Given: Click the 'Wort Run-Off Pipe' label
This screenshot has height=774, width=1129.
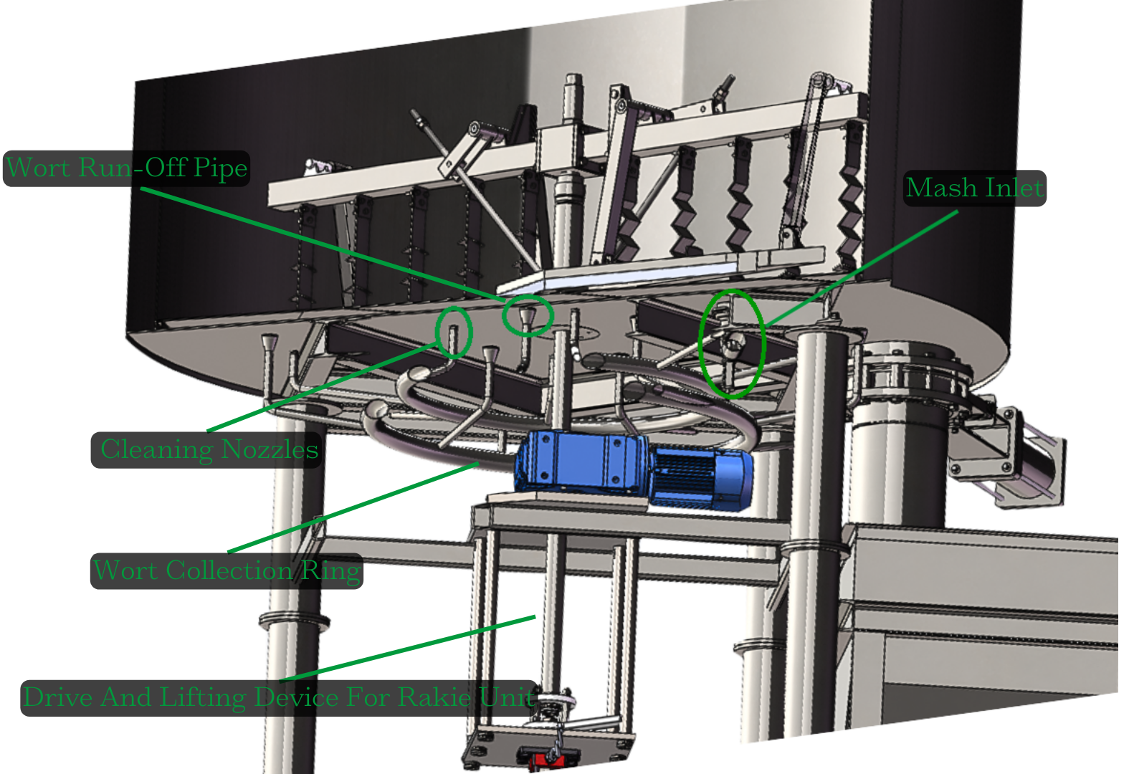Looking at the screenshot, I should [x=127, y=168].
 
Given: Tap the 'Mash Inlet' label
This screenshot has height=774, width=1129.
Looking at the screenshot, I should [x=973, y=188].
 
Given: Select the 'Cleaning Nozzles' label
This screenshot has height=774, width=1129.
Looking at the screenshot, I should [x=208, y=450].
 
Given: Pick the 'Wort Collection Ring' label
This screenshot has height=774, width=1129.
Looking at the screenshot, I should [x=227, y=571].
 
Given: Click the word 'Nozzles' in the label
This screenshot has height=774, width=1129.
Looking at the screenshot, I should [x=270, y=450].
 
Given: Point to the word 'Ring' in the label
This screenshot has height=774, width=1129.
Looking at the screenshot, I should [x=331, y=571].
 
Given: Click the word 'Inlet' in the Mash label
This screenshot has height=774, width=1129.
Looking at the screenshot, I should [x=1014, y=188].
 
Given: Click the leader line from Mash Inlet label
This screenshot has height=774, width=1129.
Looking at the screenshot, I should [x=860, y=269].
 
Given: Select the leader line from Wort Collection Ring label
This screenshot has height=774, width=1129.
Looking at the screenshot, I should [x=351, y=509].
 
